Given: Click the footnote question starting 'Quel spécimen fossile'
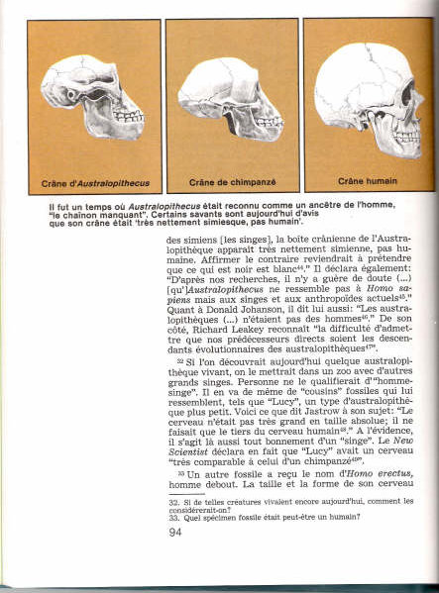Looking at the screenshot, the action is [258, 519].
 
